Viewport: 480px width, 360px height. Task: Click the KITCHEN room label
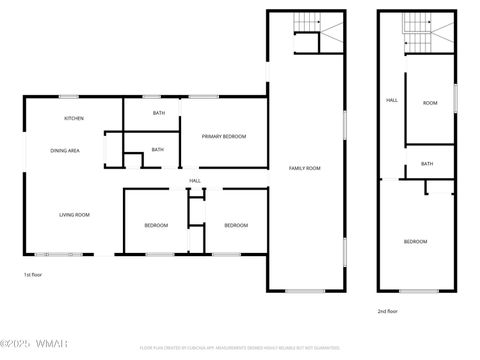(74, 119)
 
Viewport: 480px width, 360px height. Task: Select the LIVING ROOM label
(74, 215)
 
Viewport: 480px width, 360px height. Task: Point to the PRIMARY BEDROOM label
(223, 136)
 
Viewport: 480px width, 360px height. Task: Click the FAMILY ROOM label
(305, 167)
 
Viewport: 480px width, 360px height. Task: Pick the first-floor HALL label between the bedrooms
(195, 181)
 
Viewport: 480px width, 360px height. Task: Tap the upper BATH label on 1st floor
(158, 113)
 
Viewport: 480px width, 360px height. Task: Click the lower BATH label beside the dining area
(157, 150)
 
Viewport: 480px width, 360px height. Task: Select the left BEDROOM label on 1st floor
(155, 225)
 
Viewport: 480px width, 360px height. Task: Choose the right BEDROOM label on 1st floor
(235, 225)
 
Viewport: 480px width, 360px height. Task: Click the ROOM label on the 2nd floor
(430, 103)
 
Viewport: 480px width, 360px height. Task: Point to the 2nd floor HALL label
(392, 100)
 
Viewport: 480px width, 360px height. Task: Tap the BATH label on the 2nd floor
(427, 164)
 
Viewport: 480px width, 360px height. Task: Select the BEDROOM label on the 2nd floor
(415, 242)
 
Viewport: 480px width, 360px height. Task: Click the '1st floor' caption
(34, 274)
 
